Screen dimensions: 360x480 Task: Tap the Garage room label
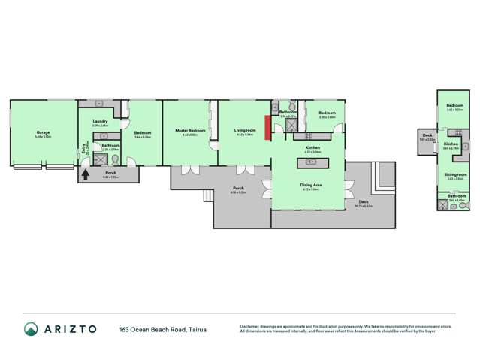[x=43, y=132]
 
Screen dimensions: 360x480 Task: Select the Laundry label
[x=101, y=122]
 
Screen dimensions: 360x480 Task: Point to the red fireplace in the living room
[x=267, y=127]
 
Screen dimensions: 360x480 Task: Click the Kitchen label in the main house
[x=313, y=147]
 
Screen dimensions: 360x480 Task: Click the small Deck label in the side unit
[x=427, y=135]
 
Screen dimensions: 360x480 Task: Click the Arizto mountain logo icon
[x=30, y=328]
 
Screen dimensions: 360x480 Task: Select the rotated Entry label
[x=85, y=149]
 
